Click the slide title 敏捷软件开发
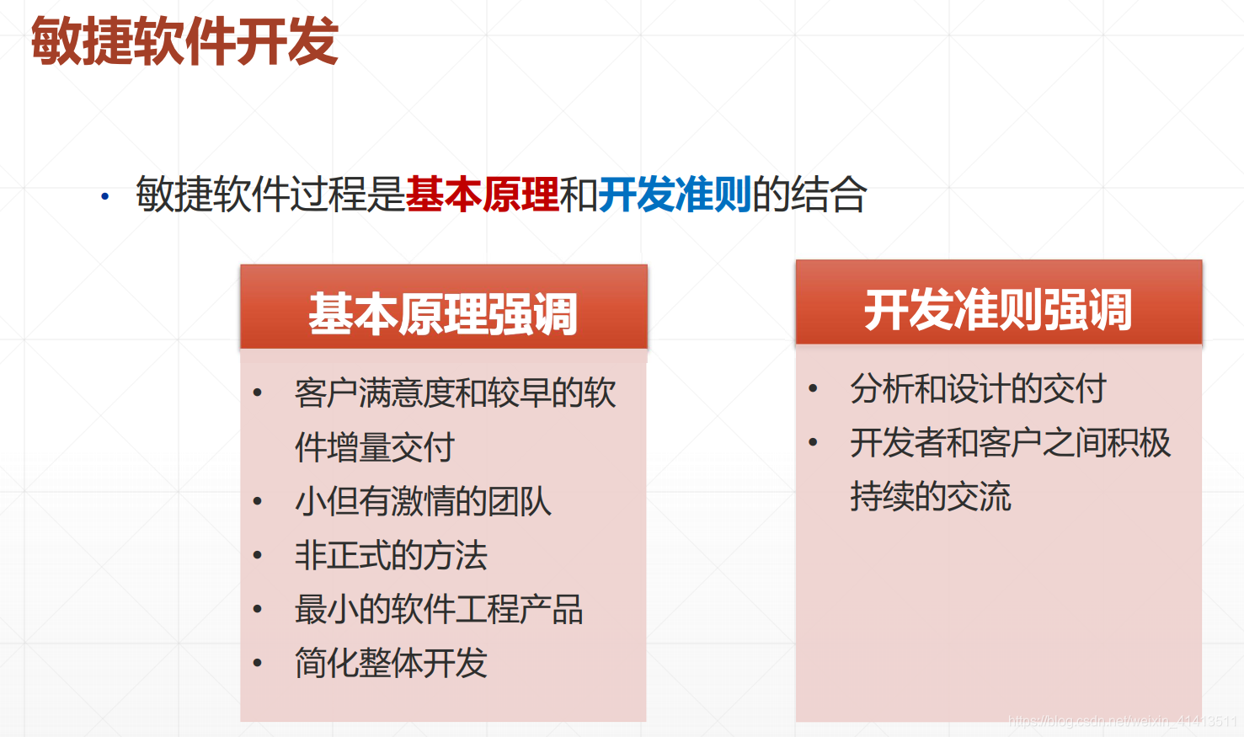(x=184, y=41)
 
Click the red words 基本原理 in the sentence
(x=482, y=195)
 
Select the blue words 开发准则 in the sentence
(x=675, y=195)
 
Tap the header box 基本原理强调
(x=444, y=312)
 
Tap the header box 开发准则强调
(x=998, y=308)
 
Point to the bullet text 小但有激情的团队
(x=423, y=501)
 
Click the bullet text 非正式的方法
(x=391, y=555)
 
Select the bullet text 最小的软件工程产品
(x=439, y=609)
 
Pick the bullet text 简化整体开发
(x=391, y=663)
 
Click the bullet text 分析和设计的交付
(x=978, y=388)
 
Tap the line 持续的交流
(x=930, y=496)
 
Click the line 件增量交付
(x=375, y=447)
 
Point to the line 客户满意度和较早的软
(x=456, y=393)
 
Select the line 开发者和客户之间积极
(x=1010, y=442)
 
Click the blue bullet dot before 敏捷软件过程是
(x=105, y=197)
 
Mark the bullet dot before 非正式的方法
(x=258, y=556)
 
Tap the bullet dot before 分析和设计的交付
(x=813, y=389)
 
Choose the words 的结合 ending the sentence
(x=809, y=195)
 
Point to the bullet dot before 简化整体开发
(x=258, y=664)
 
